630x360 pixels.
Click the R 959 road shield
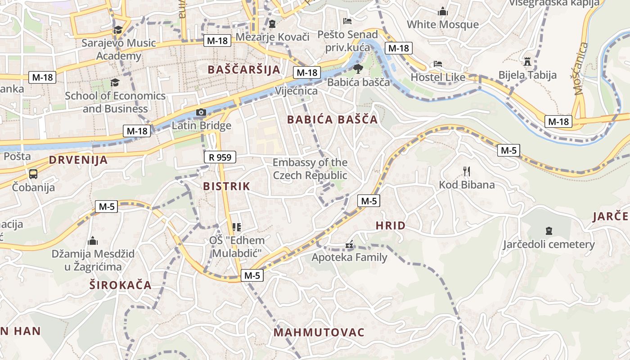220,157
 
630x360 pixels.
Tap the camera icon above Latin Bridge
201,112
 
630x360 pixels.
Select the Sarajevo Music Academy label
119,49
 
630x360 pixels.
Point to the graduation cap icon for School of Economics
115,83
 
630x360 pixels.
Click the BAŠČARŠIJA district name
244,70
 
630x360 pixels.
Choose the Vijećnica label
296,91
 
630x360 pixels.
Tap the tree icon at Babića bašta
358,69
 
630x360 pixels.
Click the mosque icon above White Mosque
443,11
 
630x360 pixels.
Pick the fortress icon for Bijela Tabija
527,61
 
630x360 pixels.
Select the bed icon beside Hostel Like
437,64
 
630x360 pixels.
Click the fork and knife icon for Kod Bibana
467,171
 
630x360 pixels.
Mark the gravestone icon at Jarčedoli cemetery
549,231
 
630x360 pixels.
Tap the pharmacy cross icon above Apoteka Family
349,245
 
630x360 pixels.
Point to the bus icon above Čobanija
33,174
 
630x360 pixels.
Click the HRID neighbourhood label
390,226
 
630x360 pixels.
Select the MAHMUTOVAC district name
319,333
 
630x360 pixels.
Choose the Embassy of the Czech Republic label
310,169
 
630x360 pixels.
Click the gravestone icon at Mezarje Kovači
272,23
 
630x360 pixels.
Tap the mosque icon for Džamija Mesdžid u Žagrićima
93,241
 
